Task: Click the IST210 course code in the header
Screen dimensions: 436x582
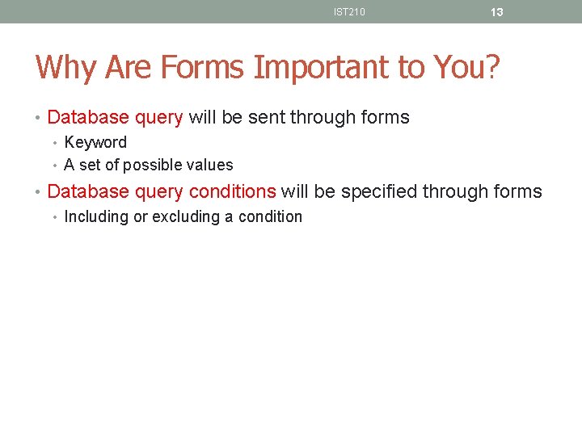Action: pos(349,11)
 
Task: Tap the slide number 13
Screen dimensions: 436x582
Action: pos(497,12)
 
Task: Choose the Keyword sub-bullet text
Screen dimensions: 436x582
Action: pos(95,143)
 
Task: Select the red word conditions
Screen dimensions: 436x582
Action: pos(232,192)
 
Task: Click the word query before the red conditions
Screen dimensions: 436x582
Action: pos(158,192)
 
